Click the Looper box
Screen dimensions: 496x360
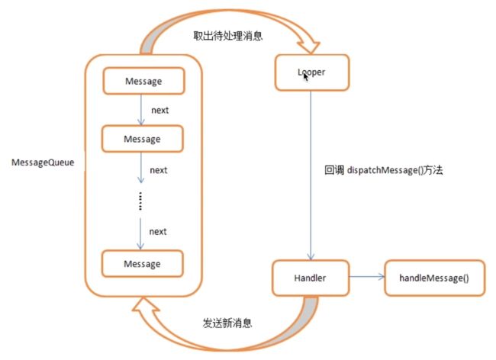(x=312, y=72)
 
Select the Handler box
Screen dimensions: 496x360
(x=311, y=278)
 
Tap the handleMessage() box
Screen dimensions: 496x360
(x=434, y=278)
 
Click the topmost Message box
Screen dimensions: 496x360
(x=143, y=81)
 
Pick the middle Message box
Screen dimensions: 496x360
(x=143, y=139)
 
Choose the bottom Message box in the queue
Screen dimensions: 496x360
(x=143, y=264)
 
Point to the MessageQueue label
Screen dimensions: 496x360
(x=43, y=162)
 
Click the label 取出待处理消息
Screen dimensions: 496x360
(x=227, y=36)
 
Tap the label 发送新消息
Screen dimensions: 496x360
(x=227, y=323)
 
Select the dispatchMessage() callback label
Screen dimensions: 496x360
(x=383, y=170)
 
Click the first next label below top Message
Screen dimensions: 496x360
(x=160, y=111)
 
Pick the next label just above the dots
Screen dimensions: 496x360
(x=159, y=170)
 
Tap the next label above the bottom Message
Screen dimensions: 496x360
(x=158, y=232)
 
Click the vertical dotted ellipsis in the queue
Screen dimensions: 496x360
(x=140, y=201)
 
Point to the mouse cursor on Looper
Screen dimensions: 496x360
(x=306, y=78)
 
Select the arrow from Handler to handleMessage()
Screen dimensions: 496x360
(x=367, y=277)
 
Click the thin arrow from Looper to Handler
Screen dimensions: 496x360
(x=311, y=175)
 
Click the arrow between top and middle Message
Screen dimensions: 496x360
(x=141, y=110)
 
